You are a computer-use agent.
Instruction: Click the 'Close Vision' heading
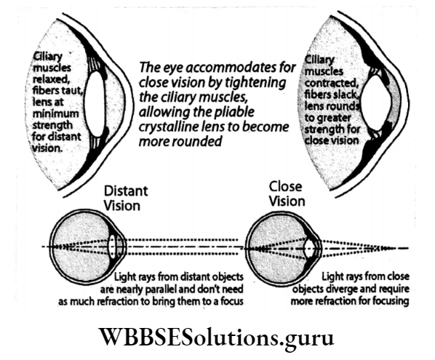(285, 193)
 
